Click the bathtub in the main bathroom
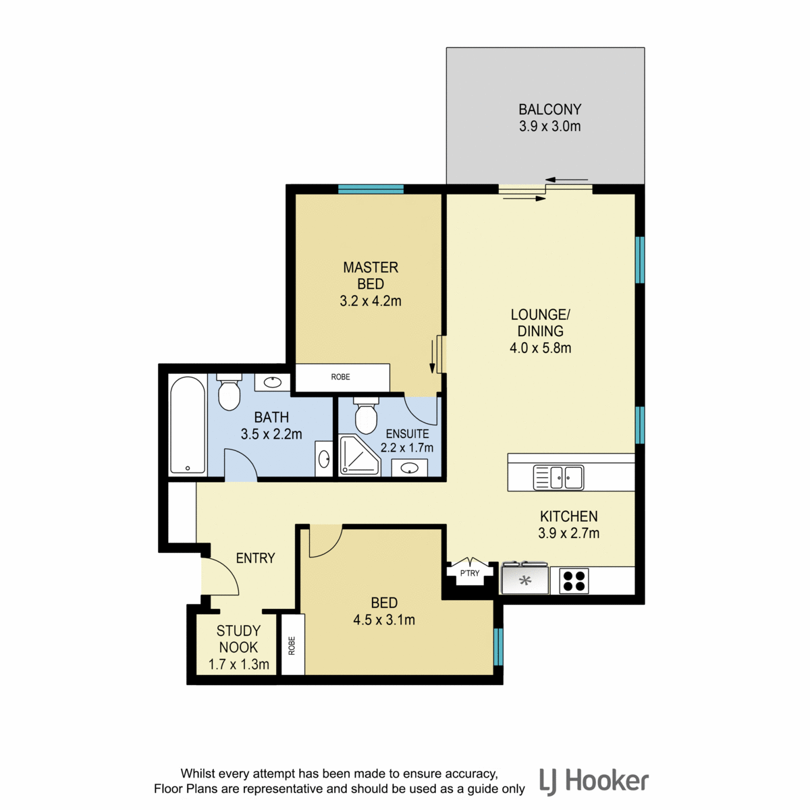tap(188, 425)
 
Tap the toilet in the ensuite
tap(366, 415)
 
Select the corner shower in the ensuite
tap(359, 456)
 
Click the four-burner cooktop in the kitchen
tap(574, 581)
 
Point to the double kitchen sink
tap(558, 478)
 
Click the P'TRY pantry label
tap(470, 573)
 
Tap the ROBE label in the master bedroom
tap(340, 377)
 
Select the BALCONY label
tap(549, 109)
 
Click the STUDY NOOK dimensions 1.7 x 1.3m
tap(239, 664)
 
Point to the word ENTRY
tap(256, 558)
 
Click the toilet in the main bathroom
tap(229, 393)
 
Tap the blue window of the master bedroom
tap(371, 189)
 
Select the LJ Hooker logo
tap(594, 781)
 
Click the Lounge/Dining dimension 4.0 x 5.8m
tap(540, 348)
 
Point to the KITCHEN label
tap(569, 516)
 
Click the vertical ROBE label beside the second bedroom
tap(292, 646)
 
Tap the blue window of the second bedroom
tap(499, 647)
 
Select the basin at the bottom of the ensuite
tap(410, 467)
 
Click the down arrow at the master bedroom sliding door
tap(432, 357)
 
